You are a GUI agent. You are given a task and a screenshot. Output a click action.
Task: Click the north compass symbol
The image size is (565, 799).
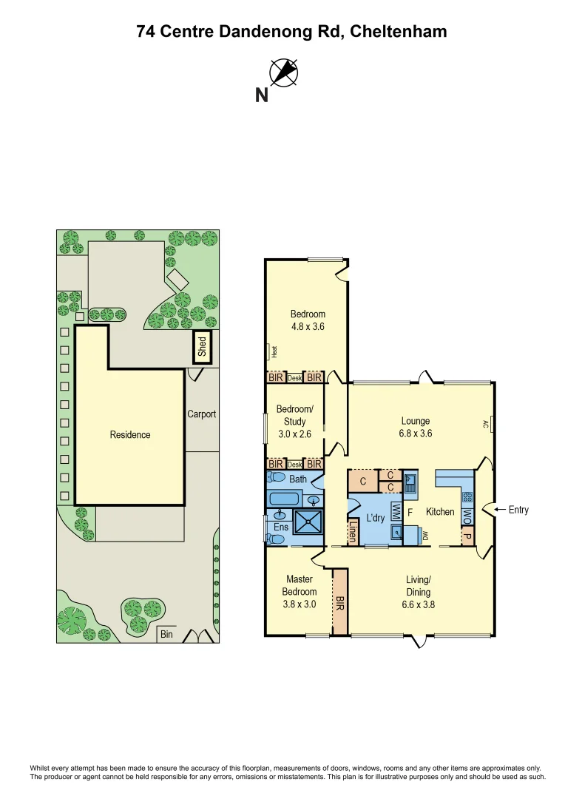(283, 72)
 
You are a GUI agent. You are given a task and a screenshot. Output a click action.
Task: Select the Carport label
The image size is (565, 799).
(201, 414)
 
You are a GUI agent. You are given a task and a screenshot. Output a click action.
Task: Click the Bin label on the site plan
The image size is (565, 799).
(167, 634)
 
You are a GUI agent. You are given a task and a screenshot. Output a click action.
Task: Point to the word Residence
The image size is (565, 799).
(130, 435)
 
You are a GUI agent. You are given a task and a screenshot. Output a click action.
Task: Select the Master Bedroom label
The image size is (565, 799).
(299, 585)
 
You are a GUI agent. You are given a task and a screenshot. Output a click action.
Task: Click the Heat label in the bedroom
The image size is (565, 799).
(274, 352)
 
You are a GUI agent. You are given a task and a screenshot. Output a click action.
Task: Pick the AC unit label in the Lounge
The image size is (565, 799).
(487, 424)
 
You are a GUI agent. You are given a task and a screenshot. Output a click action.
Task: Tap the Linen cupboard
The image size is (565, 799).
(353, 531)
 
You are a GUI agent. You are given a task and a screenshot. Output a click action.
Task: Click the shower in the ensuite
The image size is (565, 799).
(308, 522)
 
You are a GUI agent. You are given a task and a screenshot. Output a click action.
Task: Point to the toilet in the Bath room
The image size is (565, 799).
(276, 478)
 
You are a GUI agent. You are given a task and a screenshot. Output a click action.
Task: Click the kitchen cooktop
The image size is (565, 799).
(467, 497)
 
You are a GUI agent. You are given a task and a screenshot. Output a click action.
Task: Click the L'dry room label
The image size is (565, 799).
(375, 518)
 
